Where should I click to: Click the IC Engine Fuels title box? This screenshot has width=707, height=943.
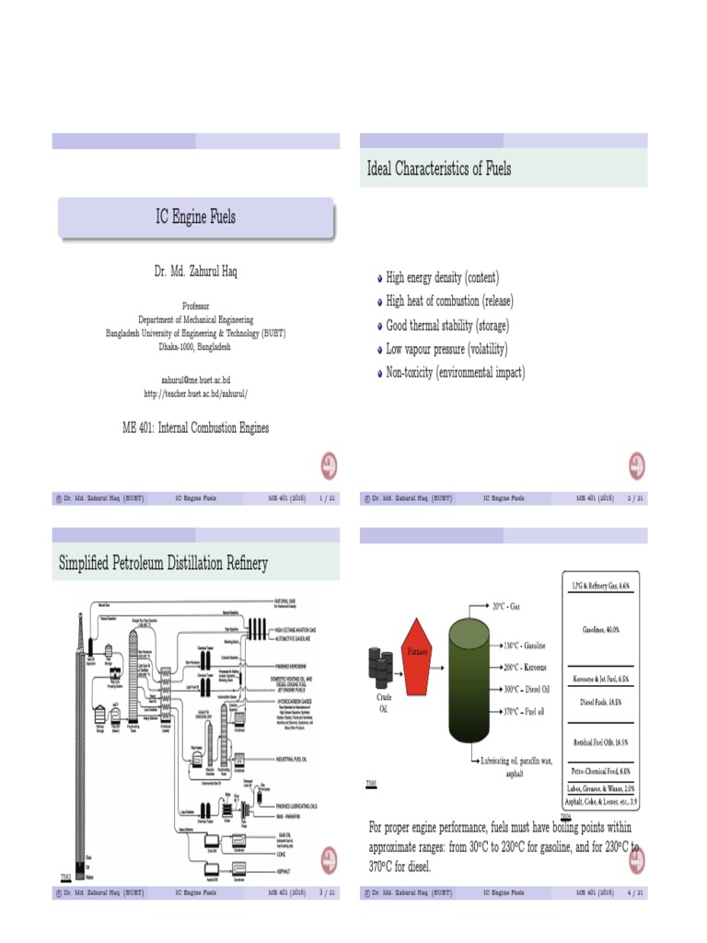tap(195, 217)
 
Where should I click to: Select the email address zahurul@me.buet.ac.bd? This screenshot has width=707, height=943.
tap(195, 379)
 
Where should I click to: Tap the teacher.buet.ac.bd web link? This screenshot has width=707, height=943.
tap(195, 393)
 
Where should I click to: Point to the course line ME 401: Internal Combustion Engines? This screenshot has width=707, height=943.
tap(195, 427)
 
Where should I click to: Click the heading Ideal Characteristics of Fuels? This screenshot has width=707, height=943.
tap(439, 169)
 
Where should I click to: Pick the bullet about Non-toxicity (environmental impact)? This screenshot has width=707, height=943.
tap(455, 373)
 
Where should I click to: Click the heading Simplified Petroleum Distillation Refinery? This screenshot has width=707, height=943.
tap(163, 563)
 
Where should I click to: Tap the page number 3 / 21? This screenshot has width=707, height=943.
tap(326, 892)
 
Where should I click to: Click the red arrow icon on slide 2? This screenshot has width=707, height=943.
tap(636, 466)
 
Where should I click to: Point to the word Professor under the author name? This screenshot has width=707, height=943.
tap(195, 306)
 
